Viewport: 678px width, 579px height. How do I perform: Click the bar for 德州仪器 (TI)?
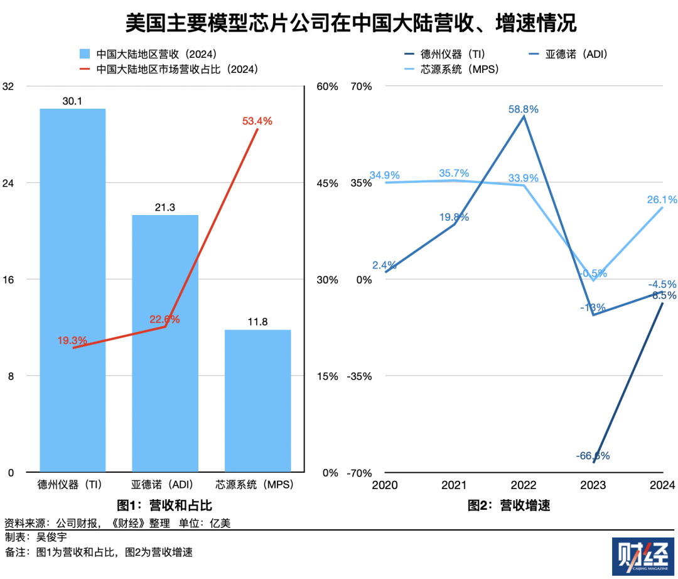[x=72, y=289]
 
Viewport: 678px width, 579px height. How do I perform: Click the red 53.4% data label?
[x=257, y=121]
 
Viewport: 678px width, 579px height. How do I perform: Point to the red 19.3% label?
[x=72, y=340]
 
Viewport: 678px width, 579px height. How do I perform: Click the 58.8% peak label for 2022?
[x=524, y=109]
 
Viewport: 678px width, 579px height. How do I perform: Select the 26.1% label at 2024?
[x=662, y=200]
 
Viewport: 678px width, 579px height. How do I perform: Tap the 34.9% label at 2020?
[x=385, y=175]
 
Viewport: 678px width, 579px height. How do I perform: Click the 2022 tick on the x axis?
[x=524, y=485]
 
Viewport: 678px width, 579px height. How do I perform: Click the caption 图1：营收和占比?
[x=164, y=505]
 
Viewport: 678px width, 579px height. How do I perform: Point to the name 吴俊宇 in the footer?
[x=51, y=538]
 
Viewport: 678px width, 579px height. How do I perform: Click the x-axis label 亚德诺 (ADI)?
[x=164, y=485]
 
